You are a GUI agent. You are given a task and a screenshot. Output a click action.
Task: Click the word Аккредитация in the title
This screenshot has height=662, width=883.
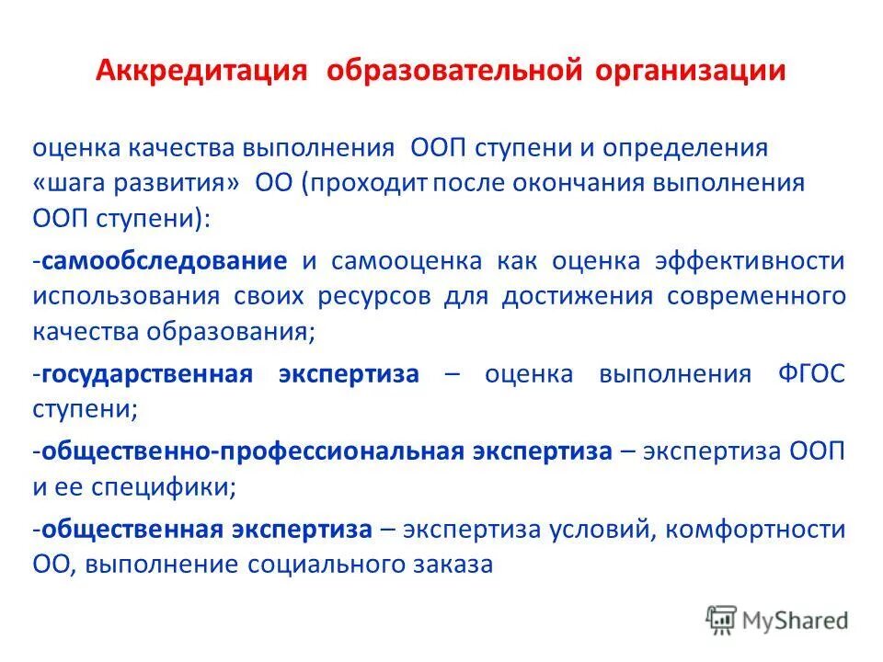click(x=201, y=71)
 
